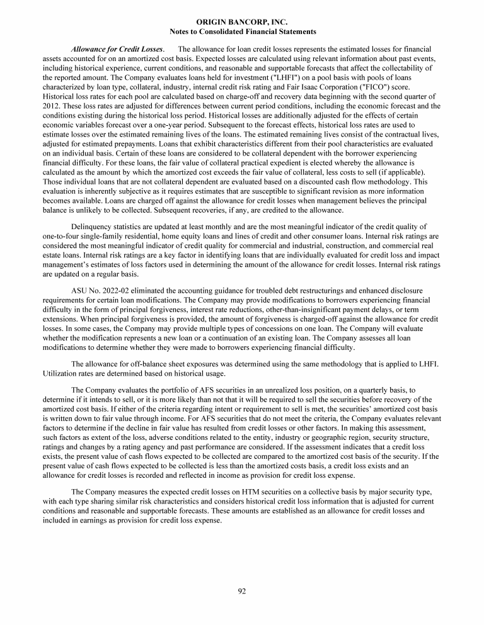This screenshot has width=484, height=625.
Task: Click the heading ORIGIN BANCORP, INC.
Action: click(x=242, y=22)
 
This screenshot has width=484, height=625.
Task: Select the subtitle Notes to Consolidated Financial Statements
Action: click(x=242, y=31)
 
